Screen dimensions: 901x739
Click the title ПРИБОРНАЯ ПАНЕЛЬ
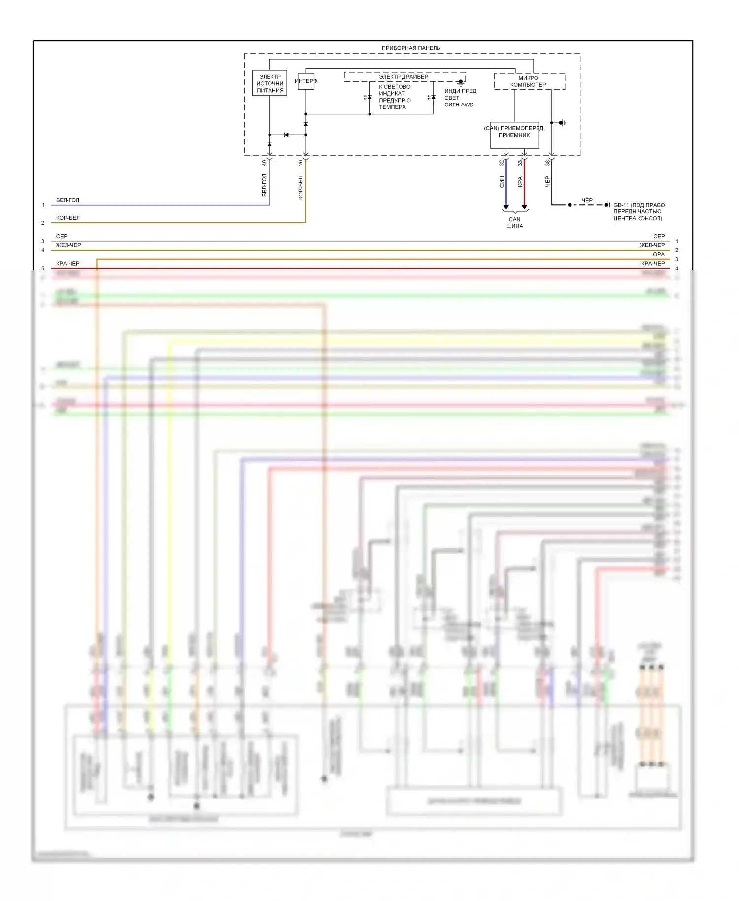click(x=410, y=48)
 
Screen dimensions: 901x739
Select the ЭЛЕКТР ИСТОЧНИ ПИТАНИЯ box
click(x=269, y=83)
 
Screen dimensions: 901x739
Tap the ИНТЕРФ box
click(x=306, y=81)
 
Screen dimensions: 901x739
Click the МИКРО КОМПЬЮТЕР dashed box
click(x=529, y=81)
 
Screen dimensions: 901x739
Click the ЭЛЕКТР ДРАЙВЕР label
click(x=403, y=77)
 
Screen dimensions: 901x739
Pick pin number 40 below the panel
click(x=264, y=163)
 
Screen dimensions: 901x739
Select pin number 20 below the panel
click(x=301, y=163)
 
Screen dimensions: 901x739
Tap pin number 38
click(x=547, y=163)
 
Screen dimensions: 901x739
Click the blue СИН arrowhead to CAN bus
click(x=506, y=207)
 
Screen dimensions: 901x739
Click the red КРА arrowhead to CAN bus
click(x=524, y=207)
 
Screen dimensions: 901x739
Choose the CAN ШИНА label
click(x=515, y=223)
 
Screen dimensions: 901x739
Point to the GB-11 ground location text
click(x=638, y=211)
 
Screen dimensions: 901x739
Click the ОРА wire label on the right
click(x=659, y=254)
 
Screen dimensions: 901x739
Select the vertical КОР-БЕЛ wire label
click(x=301, y=188)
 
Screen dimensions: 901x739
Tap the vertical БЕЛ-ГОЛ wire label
click(x=264, y=185)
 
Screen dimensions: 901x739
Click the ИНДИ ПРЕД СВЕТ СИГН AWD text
click(x=460, y=98)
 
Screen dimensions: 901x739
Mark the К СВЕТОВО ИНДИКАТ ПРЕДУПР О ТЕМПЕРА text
click(x=395, y=97)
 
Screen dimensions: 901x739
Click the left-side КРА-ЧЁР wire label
click(x=67, y=263)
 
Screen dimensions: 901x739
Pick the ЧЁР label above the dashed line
click(x=587, y=200)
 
